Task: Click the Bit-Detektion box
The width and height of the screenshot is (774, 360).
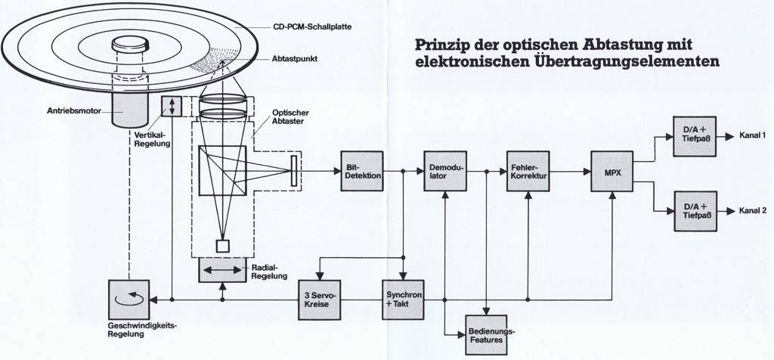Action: [x=362, y=171]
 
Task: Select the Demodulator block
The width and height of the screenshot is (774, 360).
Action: [x=445, y=171]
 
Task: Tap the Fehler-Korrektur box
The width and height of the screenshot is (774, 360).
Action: [x=528, y=171]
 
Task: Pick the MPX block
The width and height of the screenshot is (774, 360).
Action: [x=611, y=171]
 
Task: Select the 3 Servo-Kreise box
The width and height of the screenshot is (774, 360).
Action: [x=320, y=298]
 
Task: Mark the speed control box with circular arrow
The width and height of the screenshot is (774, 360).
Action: [x=130, y=298]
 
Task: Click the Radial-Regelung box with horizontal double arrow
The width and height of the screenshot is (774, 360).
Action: [x=221, y=269]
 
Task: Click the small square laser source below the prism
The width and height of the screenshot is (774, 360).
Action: [x=222, y=246]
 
